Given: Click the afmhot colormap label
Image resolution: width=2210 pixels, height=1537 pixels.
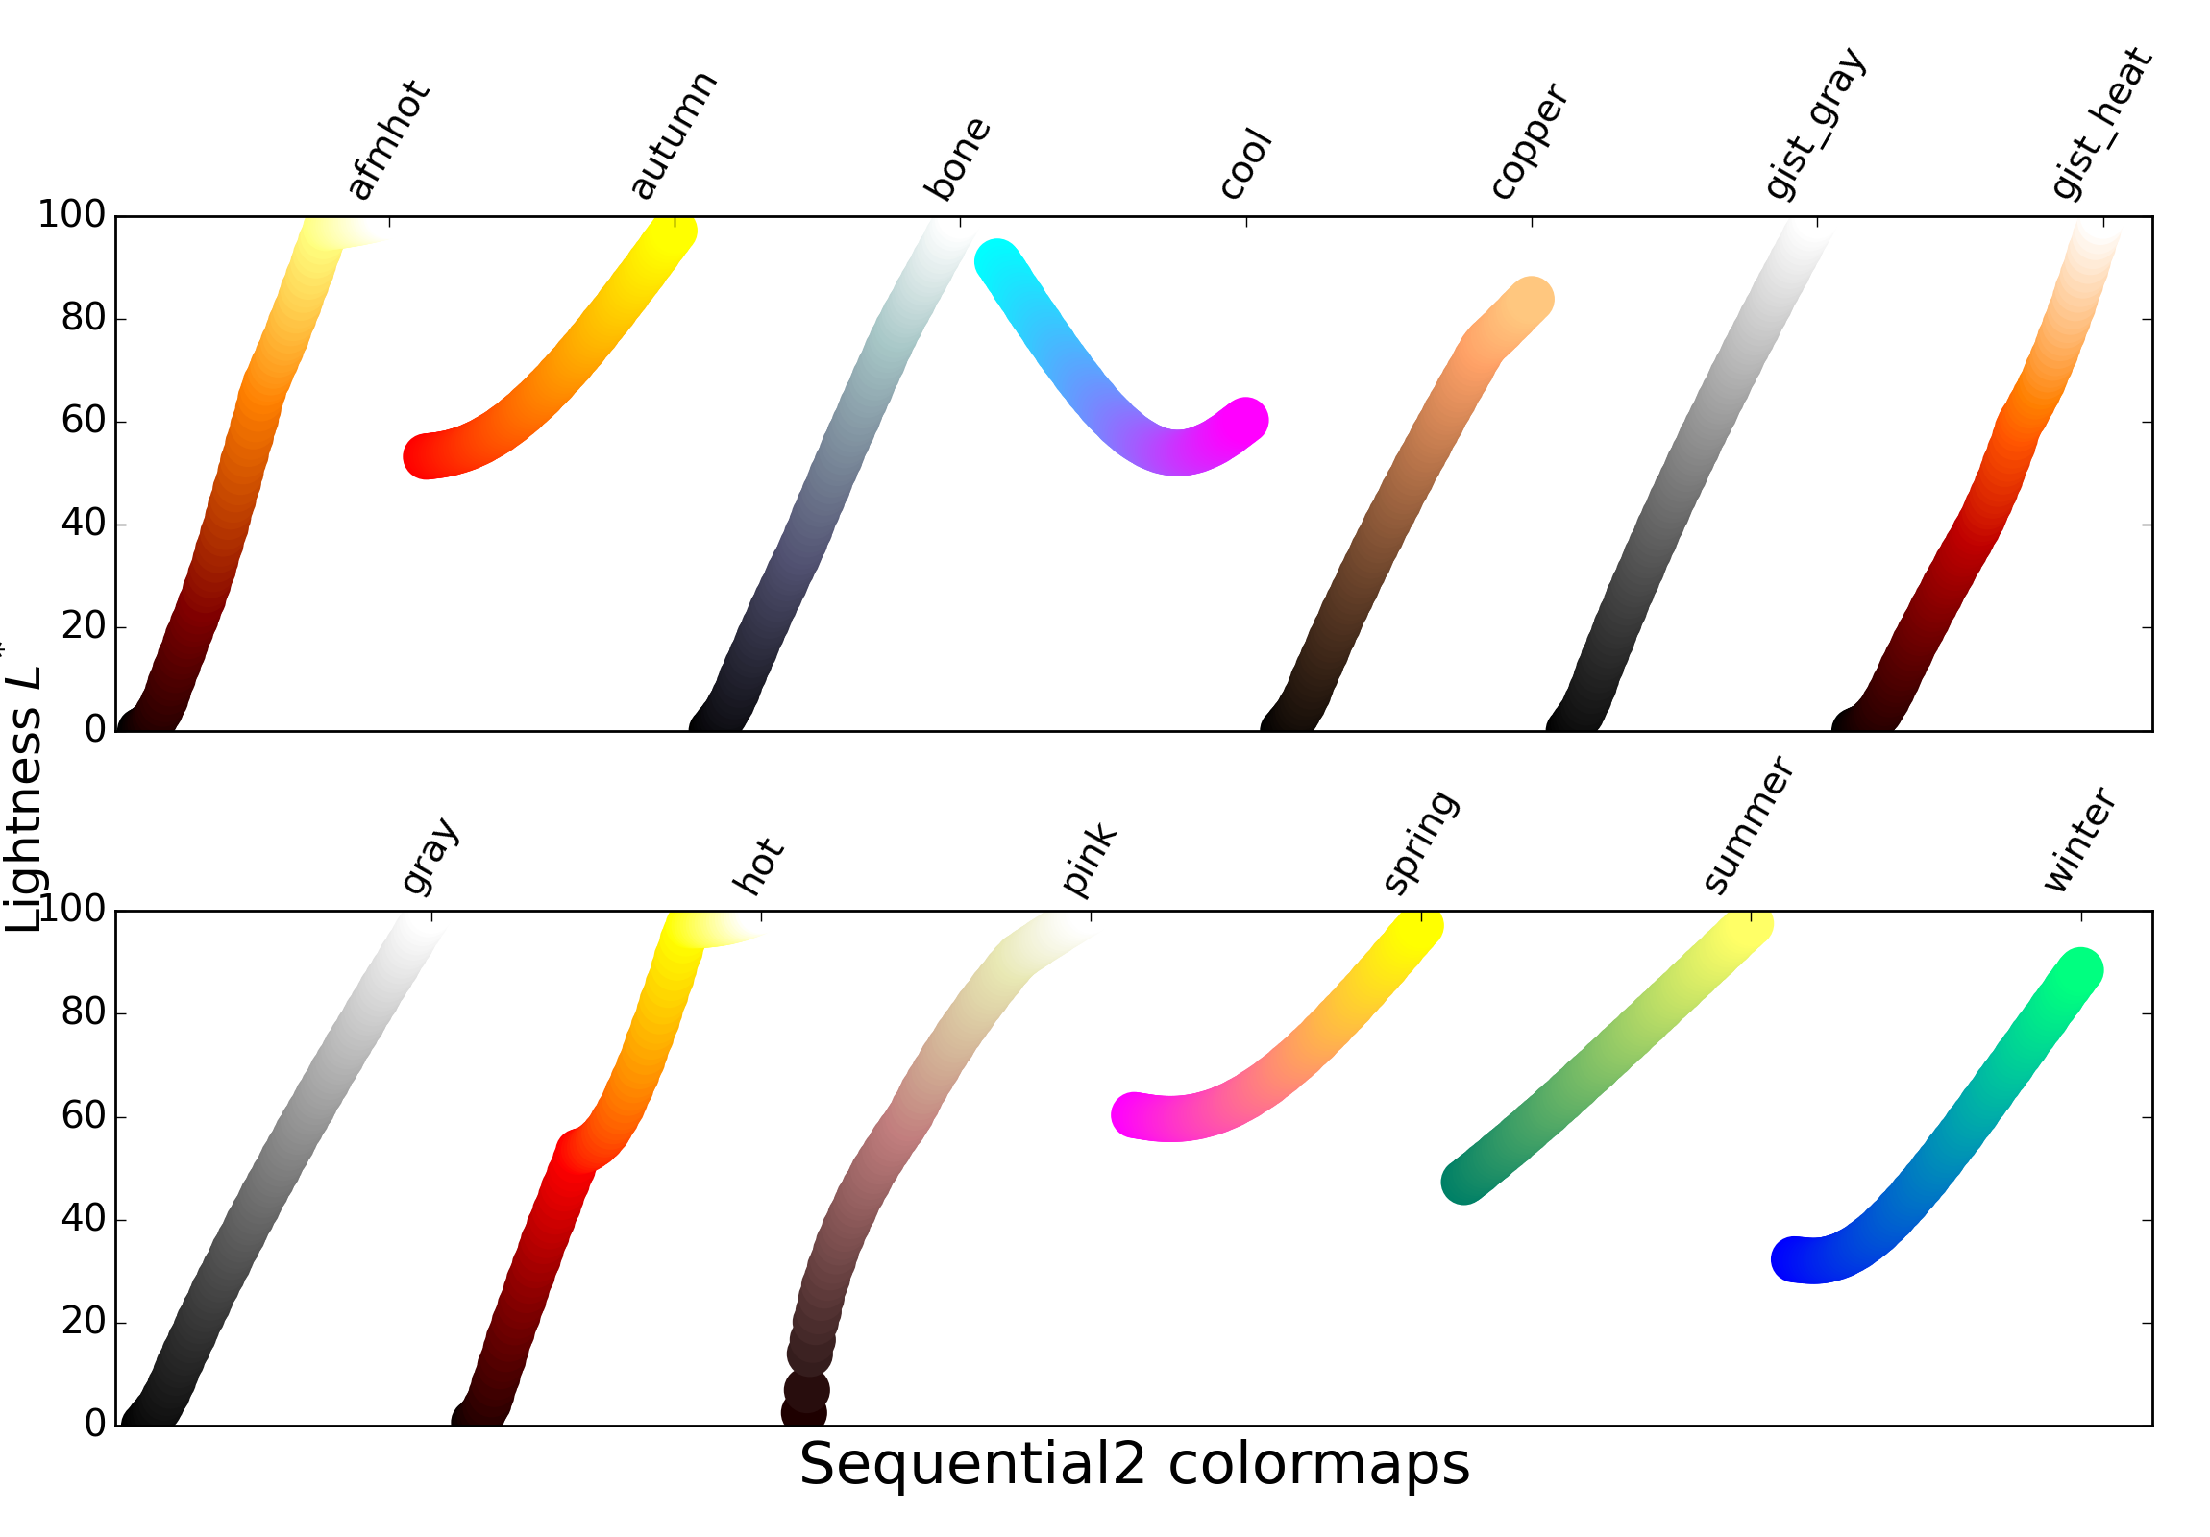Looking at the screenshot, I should pyautogui.click(x=388, y=140).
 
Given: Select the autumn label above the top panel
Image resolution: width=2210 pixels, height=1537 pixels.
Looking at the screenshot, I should pyautogui.click(x=673, y=134).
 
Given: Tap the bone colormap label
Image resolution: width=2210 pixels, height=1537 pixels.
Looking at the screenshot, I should pyautogui.click(x=956, y=159).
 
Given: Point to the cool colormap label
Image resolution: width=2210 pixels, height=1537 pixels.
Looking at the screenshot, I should pyautogui.click(x=1245, y=163).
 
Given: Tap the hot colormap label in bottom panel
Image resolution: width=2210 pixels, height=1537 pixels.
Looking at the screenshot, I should pyautogui.click(x=758, y=866).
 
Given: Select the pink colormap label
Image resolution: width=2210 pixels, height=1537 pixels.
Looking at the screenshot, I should pyautogui.click(x=1089, y=861).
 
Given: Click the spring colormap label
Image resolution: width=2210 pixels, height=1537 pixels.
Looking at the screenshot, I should pyautogui.click(x=1421, y=843).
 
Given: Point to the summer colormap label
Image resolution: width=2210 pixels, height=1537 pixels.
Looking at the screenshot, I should pyautogui.click(x=1747, y=826).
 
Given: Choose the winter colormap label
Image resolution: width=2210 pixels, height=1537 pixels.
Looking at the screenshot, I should pyautogui.click(x=2079, y=841).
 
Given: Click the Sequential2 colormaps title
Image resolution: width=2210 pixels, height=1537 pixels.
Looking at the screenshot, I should pyautogui.click(x=1134, y=1465).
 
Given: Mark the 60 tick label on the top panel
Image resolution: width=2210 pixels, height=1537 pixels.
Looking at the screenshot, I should pyautogui.click(x=83, y=421).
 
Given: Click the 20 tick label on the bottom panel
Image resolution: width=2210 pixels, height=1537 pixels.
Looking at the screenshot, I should pyautogui.click(x=83, y=1322).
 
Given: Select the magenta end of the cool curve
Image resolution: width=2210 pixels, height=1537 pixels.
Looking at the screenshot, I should pyautogui.click(x=1245, y=420).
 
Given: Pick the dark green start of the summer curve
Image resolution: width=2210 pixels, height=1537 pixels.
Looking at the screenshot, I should pyautogui.click(x=1463, y=1182).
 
